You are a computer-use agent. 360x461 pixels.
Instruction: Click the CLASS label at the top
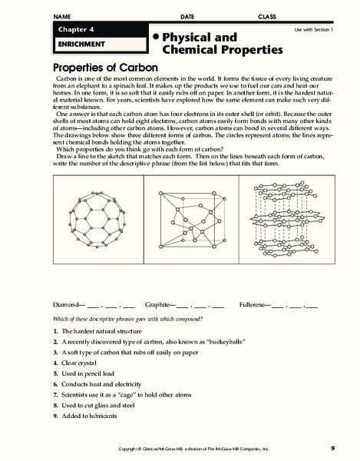click(x=267, y=16)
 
